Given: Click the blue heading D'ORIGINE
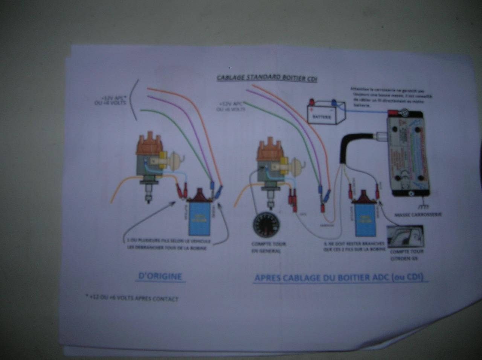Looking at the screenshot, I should tap(160, 276).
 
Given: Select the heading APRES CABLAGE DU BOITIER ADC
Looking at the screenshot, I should tap(339, 278).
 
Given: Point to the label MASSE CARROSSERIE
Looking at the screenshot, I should tap(418, 215).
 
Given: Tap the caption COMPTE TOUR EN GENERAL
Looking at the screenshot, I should tap(268, 248).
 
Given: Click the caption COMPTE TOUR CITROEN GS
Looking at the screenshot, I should tap(406, 255).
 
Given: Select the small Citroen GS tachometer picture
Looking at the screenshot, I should tap(406, 236).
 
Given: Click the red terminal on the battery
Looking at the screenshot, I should tap(312, 102).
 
